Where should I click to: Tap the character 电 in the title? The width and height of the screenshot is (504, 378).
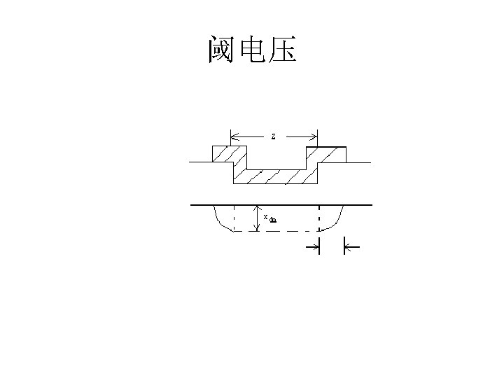point(252,50)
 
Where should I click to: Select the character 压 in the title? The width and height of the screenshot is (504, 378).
point(282,50)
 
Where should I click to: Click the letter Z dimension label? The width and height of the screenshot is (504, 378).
point(273,136)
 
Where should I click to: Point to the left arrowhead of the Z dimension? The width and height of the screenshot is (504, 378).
point(234,136)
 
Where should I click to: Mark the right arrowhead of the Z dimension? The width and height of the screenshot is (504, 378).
point(314,136)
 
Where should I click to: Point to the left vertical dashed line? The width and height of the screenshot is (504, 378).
point(234,218)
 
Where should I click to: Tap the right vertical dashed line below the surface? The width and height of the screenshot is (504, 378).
point(319,218)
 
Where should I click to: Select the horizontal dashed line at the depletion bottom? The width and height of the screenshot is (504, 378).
point(276,231)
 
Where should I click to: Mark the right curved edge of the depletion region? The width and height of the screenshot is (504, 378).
point(336,220)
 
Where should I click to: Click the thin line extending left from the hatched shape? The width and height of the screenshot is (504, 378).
point(200,162)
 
